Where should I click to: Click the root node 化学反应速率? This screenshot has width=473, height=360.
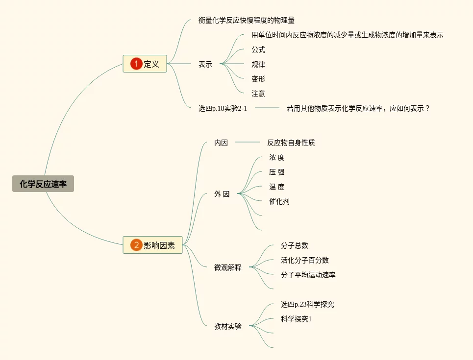tap(43, 184)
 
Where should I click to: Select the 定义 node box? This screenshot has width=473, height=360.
tap(145, 64)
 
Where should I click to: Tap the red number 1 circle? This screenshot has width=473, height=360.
tap(136, 64)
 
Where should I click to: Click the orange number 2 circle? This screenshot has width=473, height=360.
tap(136, 245)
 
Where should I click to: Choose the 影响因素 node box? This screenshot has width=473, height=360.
tap(152, 245)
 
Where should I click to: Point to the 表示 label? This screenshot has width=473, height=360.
tap(205, 64)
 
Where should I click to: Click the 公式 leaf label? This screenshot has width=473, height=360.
tap(258, 49)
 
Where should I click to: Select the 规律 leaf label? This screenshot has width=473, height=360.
tap(258, 64)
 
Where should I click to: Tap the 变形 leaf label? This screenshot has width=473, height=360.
tap(258, 79)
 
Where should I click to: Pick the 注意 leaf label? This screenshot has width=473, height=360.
tap(258, 94)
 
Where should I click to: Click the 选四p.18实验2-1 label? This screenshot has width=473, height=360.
tap(223, 108)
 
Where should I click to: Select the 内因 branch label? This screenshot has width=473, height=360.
tap(221, 143)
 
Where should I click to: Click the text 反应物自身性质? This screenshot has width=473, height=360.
tap(291, 143)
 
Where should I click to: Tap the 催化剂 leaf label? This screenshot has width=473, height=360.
tap(279, 201)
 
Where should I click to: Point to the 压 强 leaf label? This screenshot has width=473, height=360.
tap(277, 172)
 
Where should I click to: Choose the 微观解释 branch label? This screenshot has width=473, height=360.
tap(228, 267)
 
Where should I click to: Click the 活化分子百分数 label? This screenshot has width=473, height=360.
tap(305, 260)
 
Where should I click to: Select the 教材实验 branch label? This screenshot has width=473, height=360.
tap(228, 326)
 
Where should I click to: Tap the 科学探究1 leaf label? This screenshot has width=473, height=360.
tap(296, 319)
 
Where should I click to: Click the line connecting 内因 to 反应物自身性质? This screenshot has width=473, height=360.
tap(248, 143)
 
